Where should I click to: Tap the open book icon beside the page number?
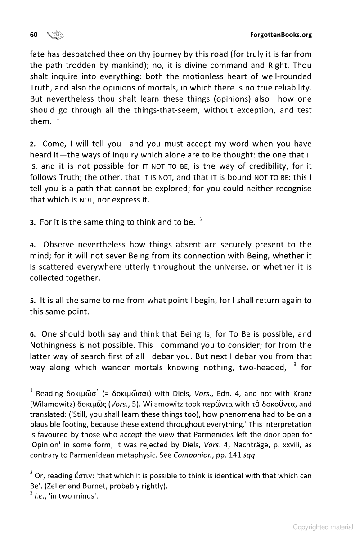[56, 35]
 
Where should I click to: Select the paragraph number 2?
[32, 144]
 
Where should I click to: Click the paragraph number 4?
[32, 245]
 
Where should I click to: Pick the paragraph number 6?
[32, 334]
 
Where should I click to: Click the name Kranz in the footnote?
[301, 393]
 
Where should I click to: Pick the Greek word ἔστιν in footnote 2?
[90, 476]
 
